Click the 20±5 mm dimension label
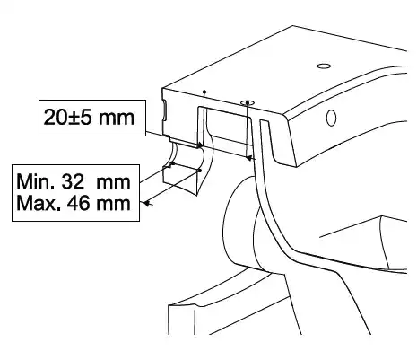point(89,118)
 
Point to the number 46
point(78,204)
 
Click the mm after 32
point(114,182)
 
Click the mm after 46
point(114,205)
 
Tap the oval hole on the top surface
point(324,66)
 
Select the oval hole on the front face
point(331,118)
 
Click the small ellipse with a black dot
point(248,103)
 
